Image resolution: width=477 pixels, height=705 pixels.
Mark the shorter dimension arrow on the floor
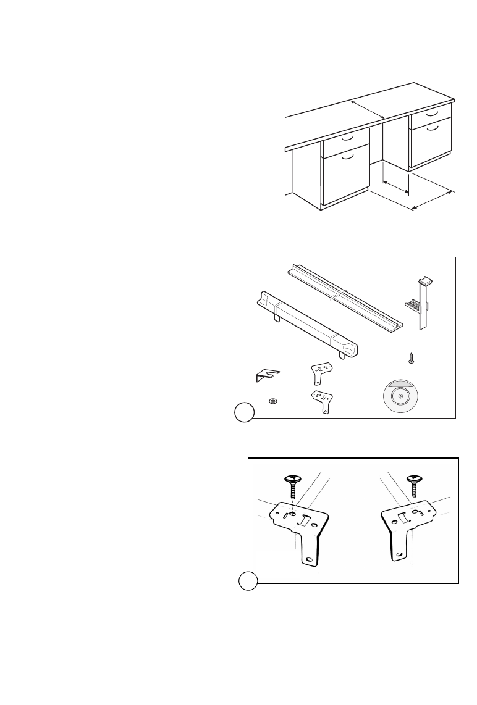tap(396, 187)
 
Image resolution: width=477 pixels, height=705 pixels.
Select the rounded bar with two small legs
tap(305, 325)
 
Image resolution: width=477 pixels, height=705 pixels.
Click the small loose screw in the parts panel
tap(410, 357)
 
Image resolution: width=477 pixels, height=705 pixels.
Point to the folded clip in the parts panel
tap(266, 375)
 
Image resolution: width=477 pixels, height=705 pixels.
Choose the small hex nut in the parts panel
tap(272, 401)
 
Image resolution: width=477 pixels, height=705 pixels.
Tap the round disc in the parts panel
tap(400, 395)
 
